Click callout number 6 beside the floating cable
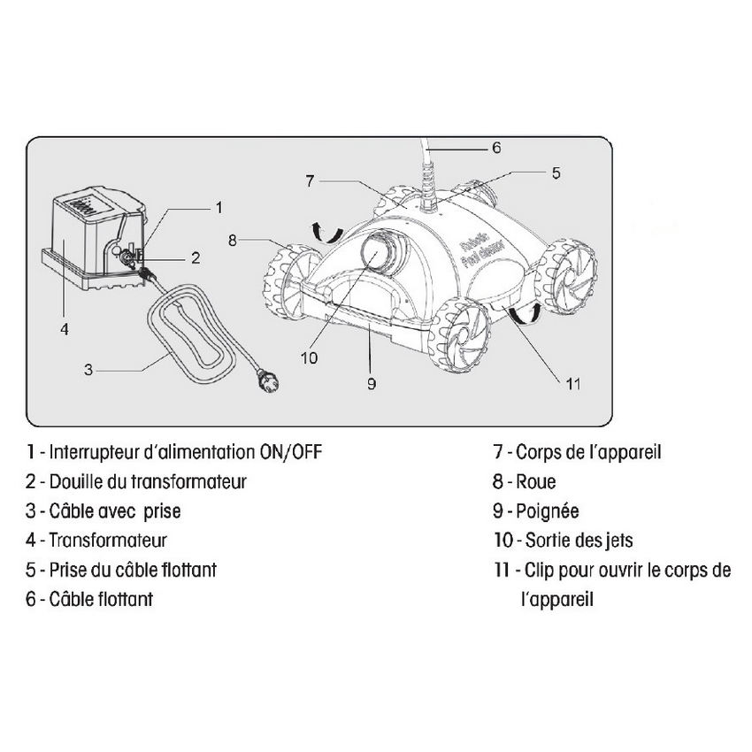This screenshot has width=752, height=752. pyautogui.click(x=496, y=148)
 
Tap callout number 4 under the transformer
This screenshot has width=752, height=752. pyautogui.click(x=64, y=328)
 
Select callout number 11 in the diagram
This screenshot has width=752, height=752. pyautogui.click(x=573, y=383)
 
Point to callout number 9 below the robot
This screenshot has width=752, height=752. pyautogui.click(x=372, y=383)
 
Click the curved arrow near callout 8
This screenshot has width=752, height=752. pyautogui.click(x=325, y=233)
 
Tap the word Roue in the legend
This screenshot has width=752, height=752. pyautogui.click(x=535, y=482)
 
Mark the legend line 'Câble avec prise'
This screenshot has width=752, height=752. pyautogui.click(x=115, y=511)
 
